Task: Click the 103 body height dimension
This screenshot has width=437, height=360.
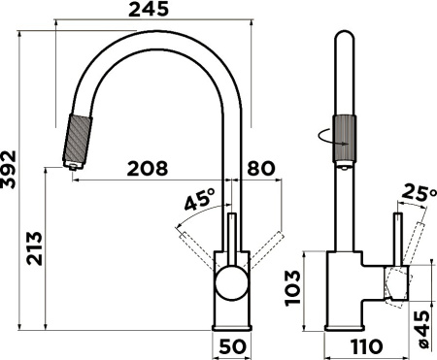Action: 295,288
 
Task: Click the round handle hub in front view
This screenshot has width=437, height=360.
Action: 232,282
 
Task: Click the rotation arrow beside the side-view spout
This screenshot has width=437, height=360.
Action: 328,138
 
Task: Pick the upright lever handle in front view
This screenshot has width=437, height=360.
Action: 231,238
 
